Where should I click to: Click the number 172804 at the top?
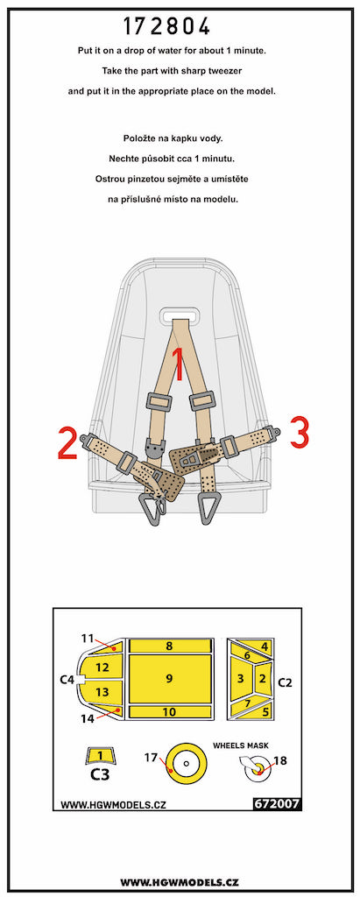[x=167, y=27]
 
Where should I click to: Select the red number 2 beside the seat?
[x=67, y=442]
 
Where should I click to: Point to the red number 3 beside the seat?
[x=300, y=433]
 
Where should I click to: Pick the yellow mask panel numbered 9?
[x=169, y=679]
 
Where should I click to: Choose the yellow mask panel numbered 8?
[x=169, y=646]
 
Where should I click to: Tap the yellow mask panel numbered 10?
[x=169, y=711]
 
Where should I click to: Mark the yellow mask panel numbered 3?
[x=241, y=679]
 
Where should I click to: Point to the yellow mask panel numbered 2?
[x=263, y=679]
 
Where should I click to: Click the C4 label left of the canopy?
[x=67, y=680]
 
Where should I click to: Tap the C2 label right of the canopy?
[x=285, y=682]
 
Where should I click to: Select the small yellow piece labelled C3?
[x=100, y=755]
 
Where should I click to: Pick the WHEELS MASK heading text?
[x=240, y=745]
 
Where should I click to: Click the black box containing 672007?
[x=276, y=804]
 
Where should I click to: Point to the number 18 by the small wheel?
[x=280, y=761]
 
